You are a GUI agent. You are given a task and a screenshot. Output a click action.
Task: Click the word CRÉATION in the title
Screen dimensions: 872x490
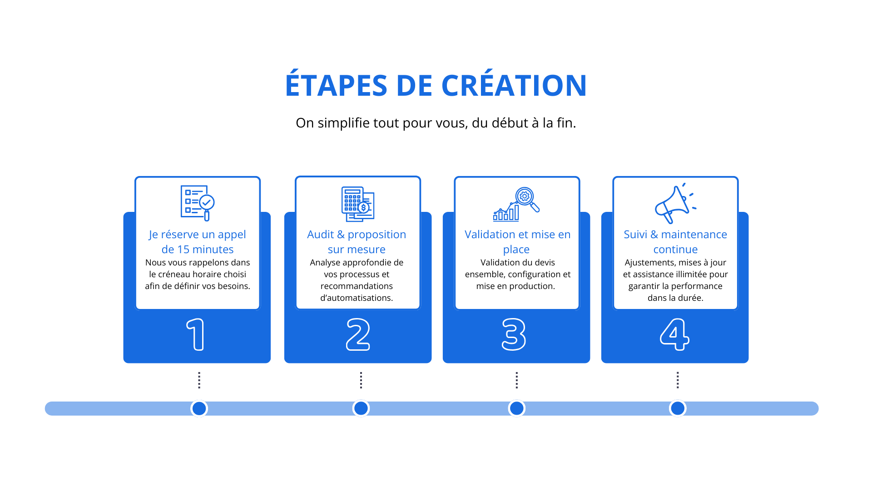click(x=514, y=86)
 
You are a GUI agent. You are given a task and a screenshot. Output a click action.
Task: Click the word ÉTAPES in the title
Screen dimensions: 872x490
click(x=336, y=86)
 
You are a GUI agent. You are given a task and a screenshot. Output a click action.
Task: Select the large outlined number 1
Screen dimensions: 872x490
click(x=196, y=334)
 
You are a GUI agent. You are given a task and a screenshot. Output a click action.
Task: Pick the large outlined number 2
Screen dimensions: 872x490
click(x=358, y=334)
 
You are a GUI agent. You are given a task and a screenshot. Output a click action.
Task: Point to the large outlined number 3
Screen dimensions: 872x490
click(x=514, y=334)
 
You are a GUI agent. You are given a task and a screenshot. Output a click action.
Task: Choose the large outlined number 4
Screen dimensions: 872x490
click(x=674, y=334)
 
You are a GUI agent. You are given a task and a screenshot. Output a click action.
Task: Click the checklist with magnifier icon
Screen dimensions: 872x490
click(x=198, y=203)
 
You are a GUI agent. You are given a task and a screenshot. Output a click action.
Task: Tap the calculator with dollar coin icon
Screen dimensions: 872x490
click(x=358, y=204)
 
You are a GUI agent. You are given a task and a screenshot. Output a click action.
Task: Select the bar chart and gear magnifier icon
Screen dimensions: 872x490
click(x=516, y=204)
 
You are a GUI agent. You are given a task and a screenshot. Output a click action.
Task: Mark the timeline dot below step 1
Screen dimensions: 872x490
click(x=199, y=408)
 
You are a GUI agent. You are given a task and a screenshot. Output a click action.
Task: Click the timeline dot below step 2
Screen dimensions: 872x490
click(x=361, y=408)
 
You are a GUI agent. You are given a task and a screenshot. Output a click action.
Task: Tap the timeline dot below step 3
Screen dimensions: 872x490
click(x=516, y=408)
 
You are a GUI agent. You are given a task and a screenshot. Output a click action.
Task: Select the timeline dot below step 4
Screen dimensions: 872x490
click(x=678, y=408)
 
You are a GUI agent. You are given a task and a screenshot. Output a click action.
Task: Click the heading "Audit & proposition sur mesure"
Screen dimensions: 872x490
click(x=357, y=242)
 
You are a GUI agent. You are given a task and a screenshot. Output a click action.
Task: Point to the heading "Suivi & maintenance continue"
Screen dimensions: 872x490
click(x=675, y=242)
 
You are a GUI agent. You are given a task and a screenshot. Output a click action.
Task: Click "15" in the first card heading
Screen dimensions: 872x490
click(x=183, y=250)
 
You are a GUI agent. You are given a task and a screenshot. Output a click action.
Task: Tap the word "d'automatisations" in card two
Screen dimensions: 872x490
click(x=357, y=298)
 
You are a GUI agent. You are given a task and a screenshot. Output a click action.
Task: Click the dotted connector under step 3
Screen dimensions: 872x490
click(x=516, y=380)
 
